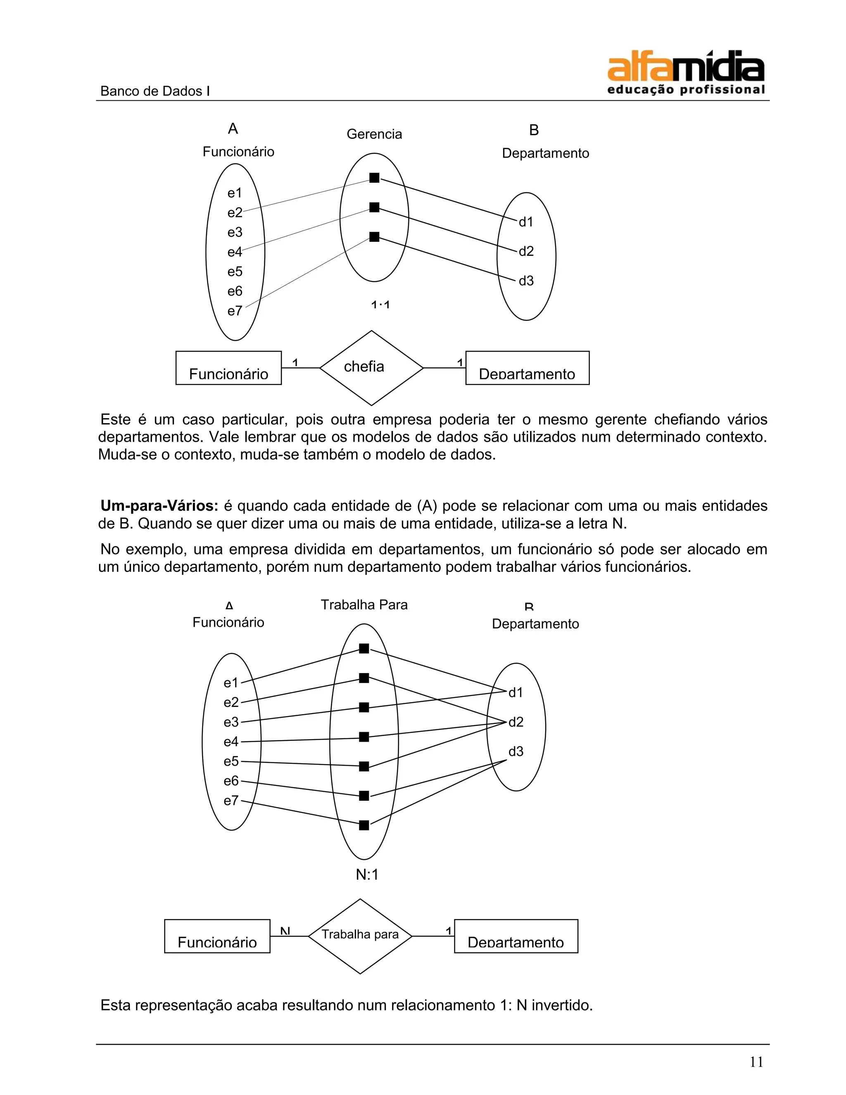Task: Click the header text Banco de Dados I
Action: click(x=155, y=91)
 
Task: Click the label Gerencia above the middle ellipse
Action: click(x=374, y=134)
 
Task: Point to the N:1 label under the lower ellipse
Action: click(x=367, y=874)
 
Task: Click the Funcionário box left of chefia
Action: click(x=228, y=369)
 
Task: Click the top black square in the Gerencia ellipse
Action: click(x=374, y=178)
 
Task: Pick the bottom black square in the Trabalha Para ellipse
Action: click(x=364, y=825)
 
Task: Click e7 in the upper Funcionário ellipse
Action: click(x=235, y=311)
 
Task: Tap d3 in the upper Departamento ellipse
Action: click(x=526, y=281)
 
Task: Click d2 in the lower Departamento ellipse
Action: click(x=516, y=722)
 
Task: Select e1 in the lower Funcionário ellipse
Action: click(x=231, y=683)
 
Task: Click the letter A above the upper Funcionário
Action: click(x=233, y=129)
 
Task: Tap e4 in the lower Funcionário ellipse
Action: click(x=231, y=742)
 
